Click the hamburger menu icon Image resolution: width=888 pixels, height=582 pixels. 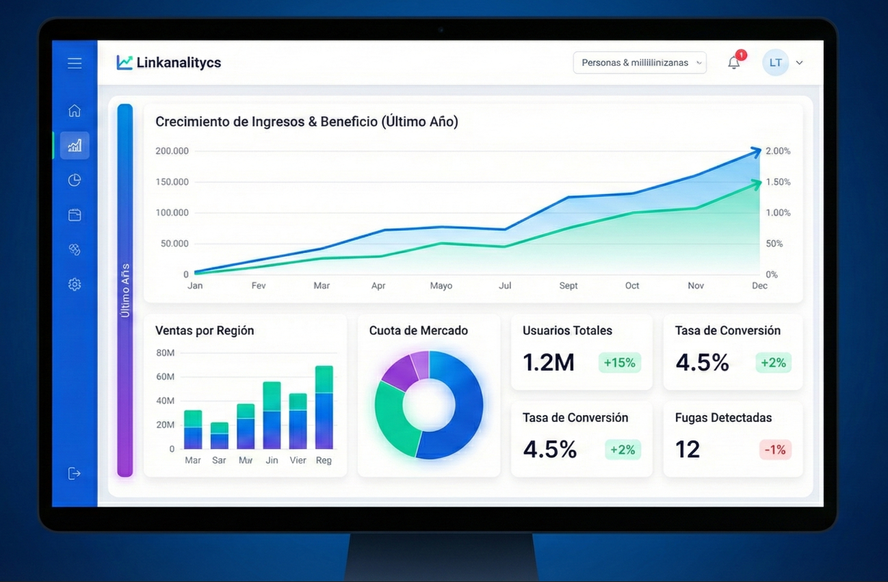point(75,63)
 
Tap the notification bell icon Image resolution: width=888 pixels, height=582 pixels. point(733,63)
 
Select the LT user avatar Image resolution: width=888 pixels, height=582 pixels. point(775,63)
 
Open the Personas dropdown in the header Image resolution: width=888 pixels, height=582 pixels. point(639,63)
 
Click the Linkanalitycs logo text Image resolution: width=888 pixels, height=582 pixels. point(178,63)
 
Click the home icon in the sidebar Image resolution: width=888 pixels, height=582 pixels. point(75,110)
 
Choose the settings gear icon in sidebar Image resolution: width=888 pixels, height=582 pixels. point(75,285)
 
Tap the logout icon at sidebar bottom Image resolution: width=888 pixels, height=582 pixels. point(75,473)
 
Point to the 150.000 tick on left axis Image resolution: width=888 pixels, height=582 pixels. point(172,182)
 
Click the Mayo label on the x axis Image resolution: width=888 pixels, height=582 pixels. point(441,286)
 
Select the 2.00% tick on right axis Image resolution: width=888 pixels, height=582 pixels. point(778,151)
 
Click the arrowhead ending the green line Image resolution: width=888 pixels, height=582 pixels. point(756,183)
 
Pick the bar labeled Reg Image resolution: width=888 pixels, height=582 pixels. point(324,408)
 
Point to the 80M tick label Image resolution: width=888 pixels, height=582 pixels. point(166,353)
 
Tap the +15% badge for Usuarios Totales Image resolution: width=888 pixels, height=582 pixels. point(619,362)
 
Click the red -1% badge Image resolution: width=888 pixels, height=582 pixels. point(775,449)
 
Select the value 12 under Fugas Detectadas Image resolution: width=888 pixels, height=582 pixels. point(688,449)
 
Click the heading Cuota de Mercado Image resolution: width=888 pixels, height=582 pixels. point(418,331)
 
